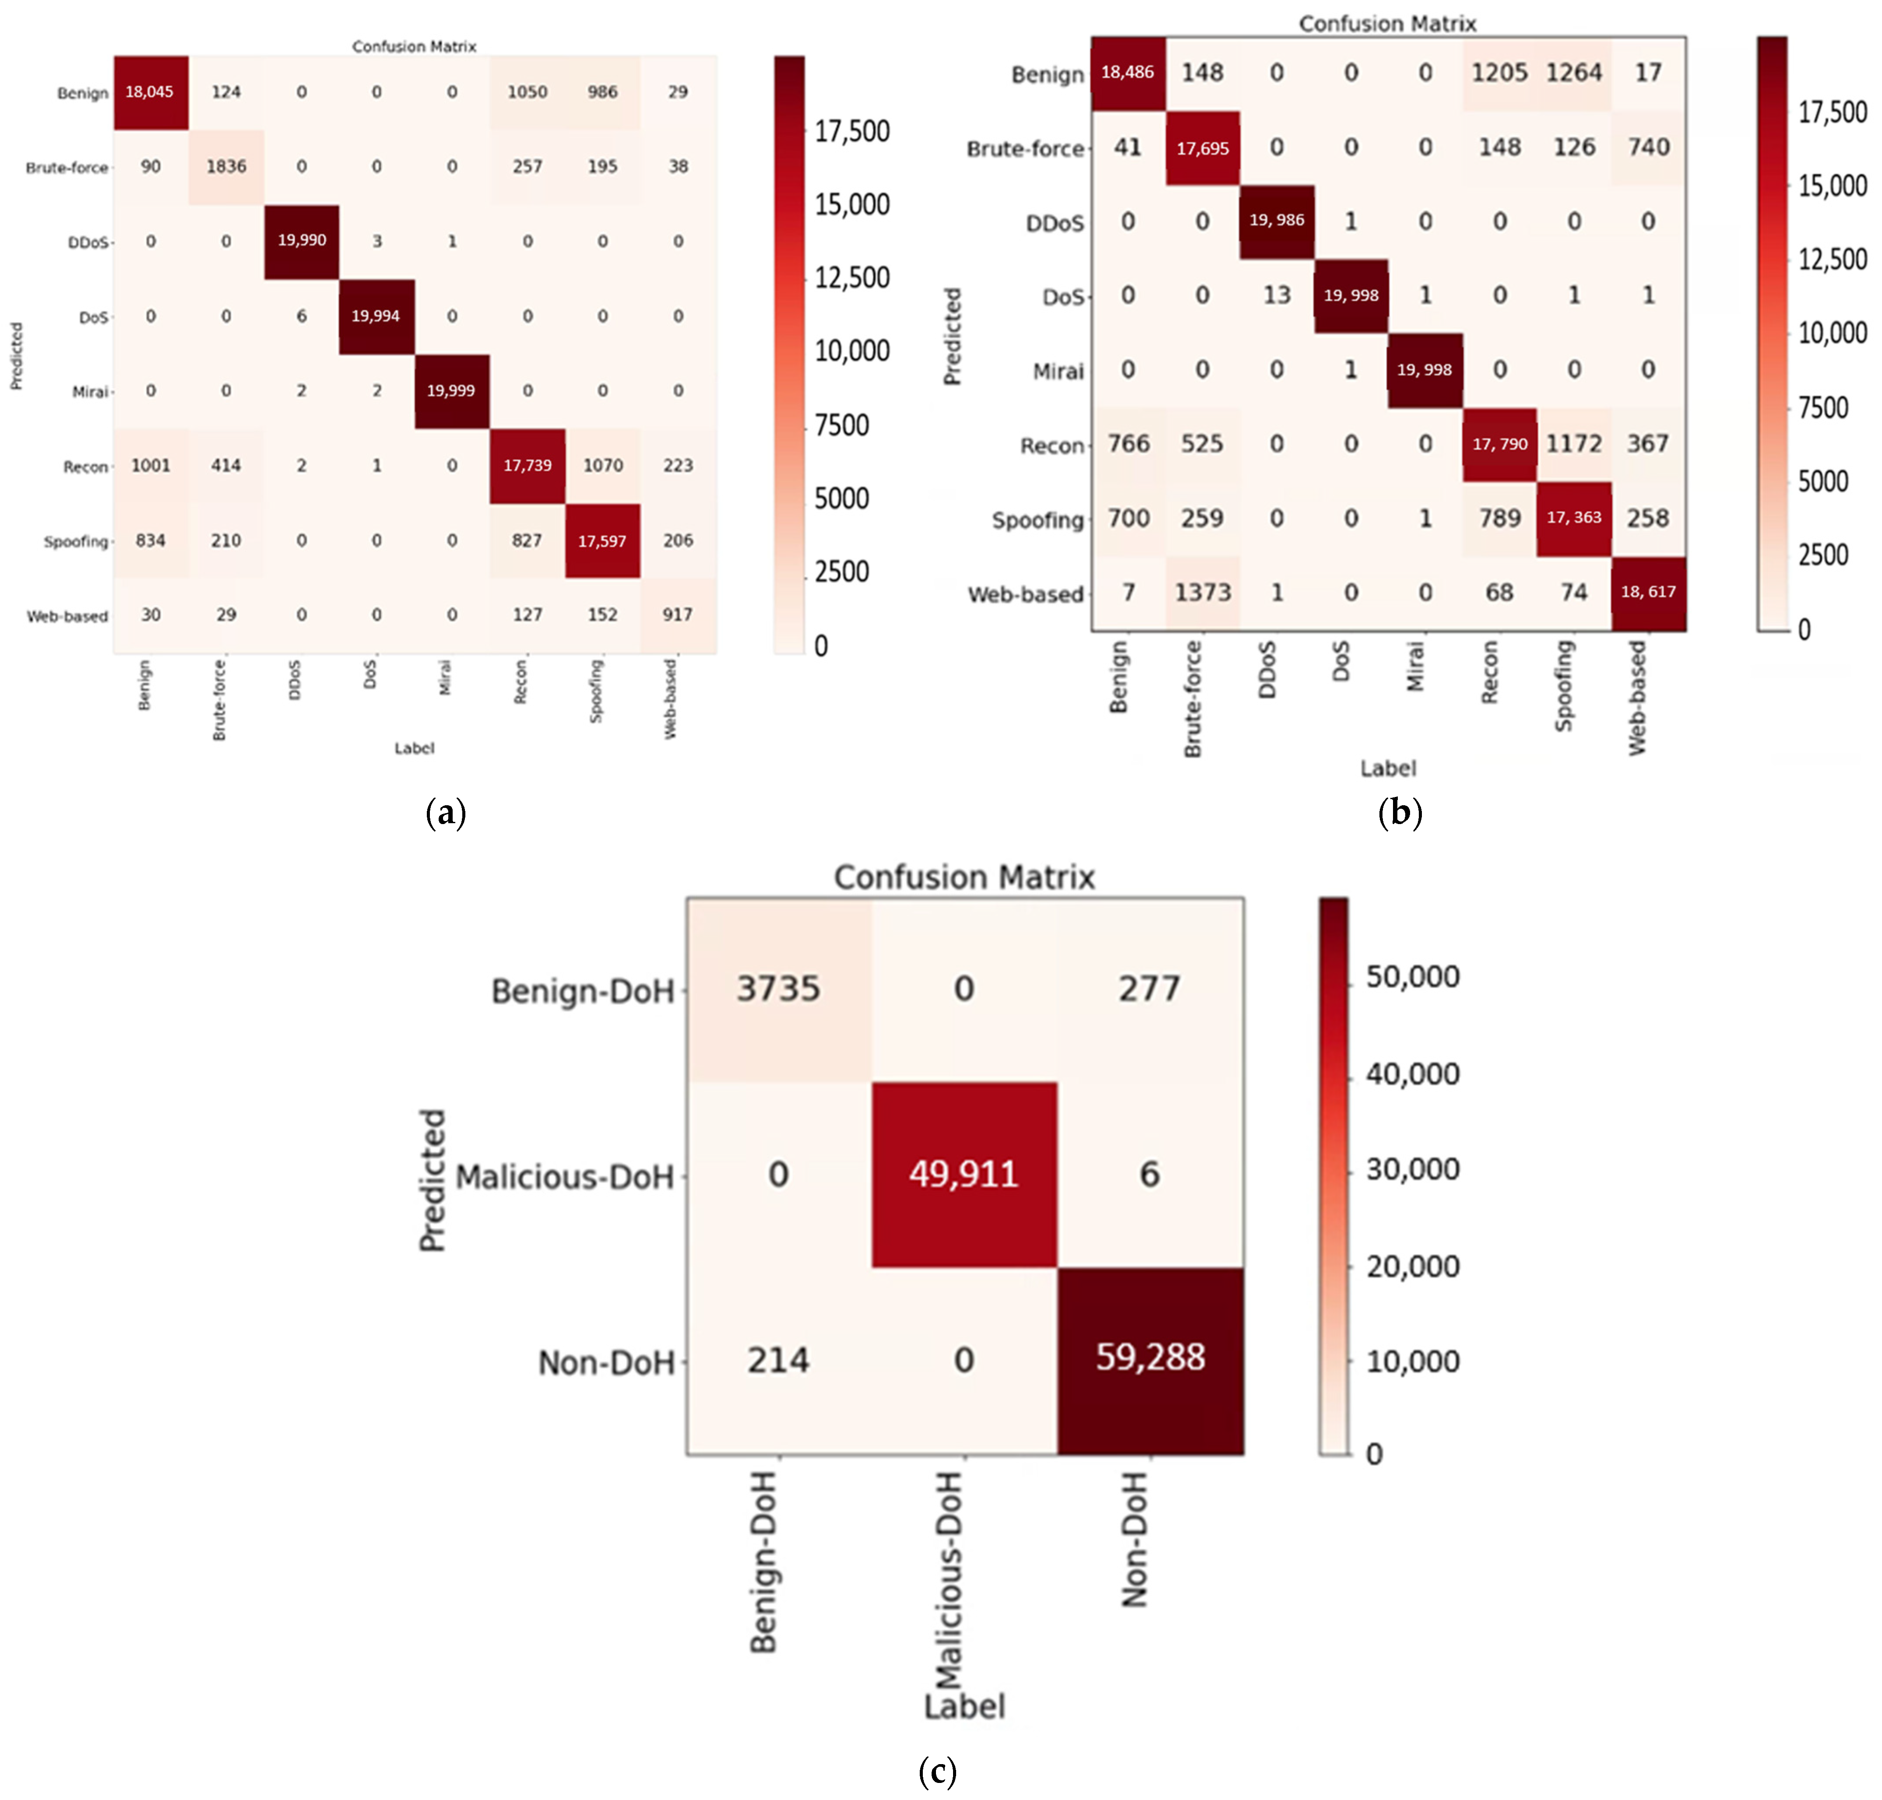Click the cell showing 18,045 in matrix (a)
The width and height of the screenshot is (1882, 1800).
[150, 92]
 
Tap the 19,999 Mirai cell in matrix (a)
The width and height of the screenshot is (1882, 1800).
[451, 390]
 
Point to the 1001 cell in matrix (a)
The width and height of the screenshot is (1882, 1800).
[151, 465]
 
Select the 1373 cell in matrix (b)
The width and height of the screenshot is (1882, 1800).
[1203, 592]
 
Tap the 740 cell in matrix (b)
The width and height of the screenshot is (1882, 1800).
[1648, 147]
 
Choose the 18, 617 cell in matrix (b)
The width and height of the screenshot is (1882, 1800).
[1648, 592]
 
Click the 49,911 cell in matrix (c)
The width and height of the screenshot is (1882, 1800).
[964, 1173]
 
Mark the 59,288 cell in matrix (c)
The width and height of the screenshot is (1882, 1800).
[1150, 1358]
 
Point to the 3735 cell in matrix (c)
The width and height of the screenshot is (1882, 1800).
[778, 988]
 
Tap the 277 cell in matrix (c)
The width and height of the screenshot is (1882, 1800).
[1150, 988]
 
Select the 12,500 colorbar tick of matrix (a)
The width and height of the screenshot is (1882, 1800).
[851, 278]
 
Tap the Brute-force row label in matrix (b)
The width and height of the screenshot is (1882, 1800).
[1025, 149]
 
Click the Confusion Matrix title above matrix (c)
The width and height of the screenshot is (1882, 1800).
[964, 876]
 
